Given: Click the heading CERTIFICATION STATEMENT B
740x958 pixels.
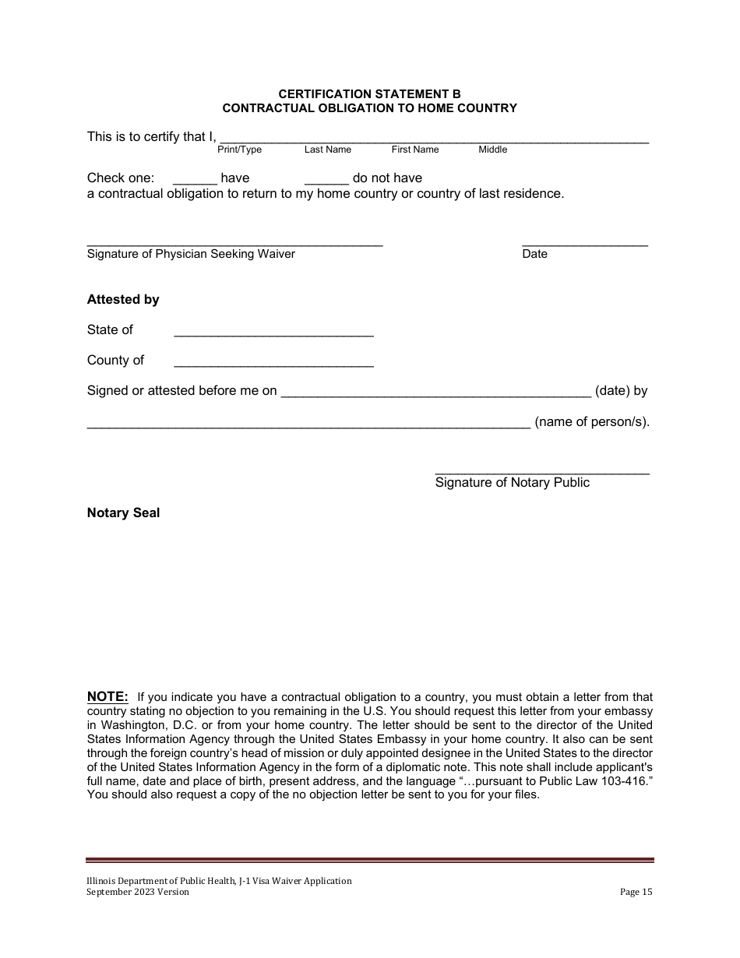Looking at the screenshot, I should [370, 93].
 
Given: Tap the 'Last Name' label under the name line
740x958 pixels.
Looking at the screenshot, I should [328, 150].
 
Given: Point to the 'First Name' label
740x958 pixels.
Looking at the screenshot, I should [415, 150].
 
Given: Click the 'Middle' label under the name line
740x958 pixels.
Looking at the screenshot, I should [492, 150].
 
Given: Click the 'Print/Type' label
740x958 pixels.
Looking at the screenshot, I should [239, 150].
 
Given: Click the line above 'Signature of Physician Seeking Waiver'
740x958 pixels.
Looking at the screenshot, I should [234, 245].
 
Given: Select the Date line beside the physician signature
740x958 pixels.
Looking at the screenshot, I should [584, 245].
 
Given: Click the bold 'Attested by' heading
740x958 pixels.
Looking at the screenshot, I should [123, 300].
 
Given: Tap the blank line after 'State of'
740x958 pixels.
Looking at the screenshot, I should [273, 335].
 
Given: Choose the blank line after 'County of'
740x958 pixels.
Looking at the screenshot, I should [273, 365].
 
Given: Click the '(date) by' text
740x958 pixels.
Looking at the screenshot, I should [621, 391].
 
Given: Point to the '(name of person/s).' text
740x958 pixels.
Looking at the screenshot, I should [592, 422].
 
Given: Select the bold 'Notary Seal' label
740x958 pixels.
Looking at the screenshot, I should [123, 512].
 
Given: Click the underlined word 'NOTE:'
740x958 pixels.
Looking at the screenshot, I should [107, 696].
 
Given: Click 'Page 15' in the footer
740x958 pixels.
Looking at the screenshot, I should [636, 893].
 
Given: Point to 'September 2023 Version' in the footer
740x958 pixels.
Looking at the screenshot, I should [138, 893].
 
